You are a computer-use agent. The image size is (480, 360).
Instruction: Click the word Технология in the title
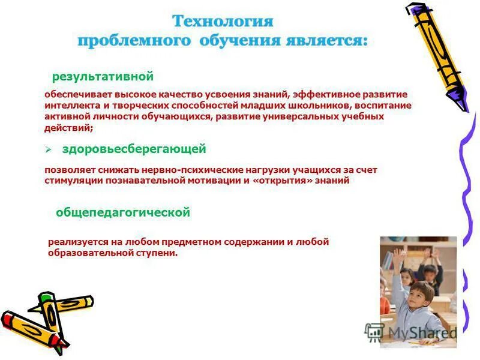[x=223, y=22]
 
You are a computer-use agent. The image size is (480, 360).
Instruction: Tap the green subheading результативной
[x=103, y=77]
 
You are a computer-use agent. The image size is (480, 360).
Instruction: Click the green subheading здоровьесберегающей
[x=134, y=149]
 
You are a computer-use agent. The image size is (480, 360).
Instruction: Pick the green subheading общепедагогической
[x=123, y=212]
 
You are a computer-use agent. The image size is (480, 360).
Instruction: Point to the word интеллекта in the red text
[x=68, y=106]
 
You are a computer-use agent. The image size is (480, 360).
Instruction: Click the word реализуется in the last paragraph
[x=76, y=242]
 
